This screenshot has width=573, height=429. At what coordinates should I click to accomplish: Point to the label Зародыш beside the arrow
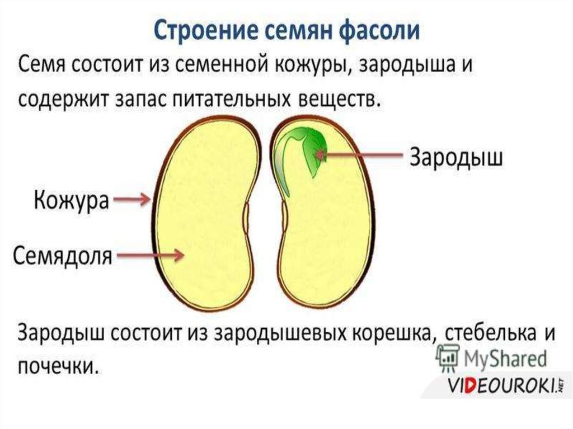(457, 157)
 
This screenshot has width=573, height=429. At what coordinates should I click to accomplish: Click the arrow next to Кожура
(132, 199)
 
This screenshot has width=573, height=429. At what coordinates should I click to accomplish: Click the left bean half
(207, 218)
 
